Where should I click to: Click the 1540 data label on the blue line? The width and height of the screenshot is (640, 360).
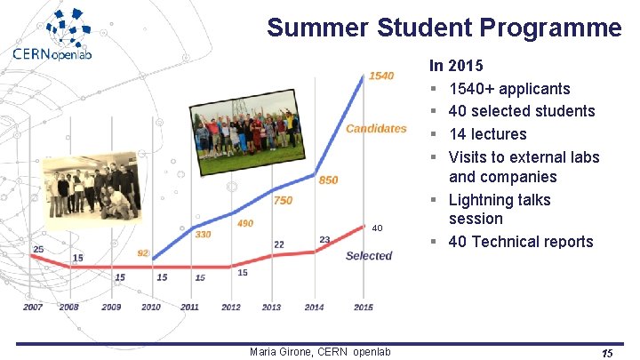[x=380, y=76]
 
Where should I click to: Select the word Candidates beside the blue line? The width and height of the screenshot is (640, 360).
[x=376, y=129]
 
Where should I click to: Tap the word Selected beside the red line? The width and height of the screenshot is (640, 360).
[x=369, y=256]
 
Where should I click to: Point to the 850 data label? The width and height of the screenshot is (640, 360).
[x=329, y=180]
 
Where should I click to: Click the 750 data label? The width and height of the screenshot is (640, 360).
[x=283, y=201]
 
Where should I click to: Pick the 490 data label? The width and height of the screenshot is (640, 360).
[x=245, y=224]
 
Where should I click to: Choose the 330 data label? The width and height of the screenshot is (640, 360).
[x=204, y=235]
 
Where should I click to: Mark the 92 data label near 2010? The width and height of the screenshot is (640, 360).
[x=143, y=253]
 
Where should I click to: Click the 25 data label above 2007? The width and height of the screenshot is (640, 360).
[x=37, y=249]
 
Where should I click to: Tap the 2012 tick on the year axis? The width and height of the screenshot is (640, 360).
[x=231, y=308]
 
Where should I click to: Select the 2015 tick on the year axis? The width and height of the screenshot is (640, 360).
[x=363, y=308]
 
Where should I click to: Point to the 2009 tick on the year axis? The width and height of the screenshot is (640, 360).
[x=111, y=308]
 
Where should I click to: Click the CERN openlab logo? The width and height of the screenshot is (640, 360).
[x=64, y=35]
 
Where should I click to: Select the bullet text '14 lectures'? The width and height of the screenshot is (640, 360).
[x=487, y=134]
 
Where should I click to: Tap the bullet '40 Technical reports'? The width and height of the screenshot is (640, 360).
[x=520, y=242]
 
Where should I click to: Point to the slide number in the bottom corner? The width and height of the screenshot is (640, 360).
[x=607, y=353]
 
